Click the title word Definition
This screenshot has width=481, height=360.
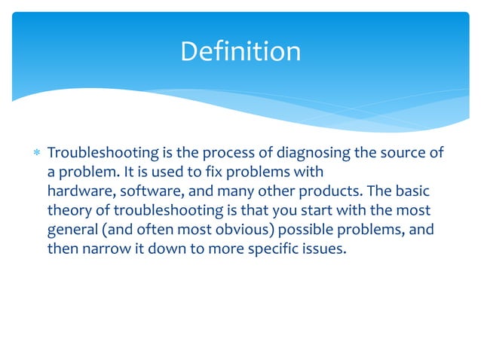click(x=240, y=51)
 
